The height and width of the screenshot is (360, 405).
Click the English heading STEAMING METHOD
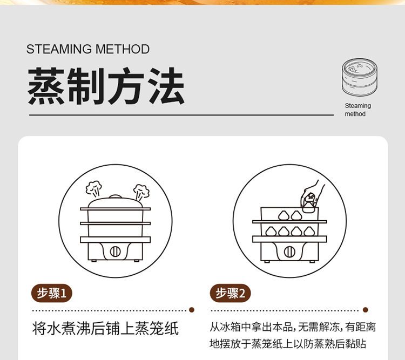(88, 49)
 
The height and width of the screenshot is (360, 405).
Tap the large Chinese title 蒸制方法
(106, 86)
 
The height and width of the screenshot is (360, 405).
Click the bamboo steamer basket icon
(359, 77)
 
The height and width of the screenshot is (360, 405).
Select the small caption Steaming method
(357, 110)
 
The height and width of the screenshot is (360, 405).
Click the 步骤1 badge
(52, 293)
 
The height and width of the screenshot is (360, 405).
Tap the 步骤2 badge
(230, 293)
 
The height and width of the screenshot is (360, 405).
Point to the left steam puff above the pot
(94, 188)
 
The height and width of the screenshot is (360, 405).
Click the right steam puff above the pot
(141, 192)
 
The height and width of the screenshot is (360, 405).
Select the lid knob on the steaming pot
(116, 197)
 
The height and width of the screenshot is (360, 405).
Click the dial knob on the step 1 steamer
(115, 252)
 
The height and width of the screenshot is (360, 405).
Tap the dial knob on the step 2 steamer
(289, 252)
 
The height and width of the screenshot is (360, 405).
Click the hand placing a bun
(312, 196)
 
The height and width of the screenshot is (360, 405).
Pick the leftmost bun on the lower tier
(271, 231)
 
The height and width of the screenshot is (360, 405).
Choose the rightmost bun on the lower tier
(309, 231)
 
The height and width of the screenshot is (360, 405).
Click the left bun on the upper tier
(283, 215)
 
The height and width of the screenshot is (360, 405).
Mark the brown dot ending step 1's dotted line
(192, 310)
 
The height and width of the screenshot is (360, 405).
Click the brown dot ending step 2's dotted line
(365, 310)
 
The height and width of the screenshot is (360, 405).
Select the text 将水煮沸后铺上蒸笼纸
(105, 328)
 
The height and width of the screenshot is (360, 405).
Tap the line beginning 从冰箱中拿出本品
(293, 327)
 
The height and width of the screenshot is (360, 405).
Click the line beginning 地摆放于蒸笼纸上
(288, 344)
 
